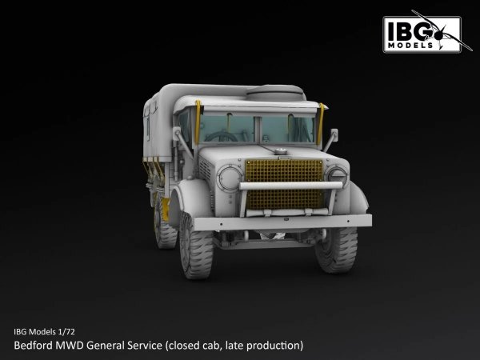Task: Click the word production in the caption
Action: click(272, 346)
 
